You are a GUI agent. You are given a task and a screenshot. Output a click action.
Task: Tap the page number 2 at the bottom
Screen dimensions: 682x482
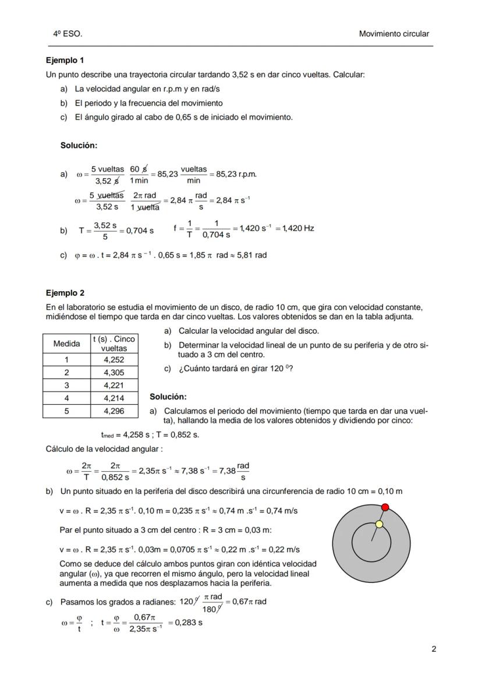(434, 649)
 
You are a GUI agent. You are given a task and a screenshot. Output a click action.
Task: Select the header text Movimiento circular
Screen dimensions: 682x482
(394, 34)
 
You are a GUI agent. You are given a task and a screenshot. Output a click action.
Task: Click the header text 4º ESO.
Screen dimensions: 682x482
(68, 34)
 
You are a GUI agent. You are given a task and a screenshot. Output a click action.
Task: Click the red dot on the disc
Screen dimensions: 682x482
(385, 508)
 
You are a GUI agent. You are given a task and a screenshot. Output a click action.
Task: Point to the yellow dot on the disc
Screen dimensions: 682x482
(379, 524)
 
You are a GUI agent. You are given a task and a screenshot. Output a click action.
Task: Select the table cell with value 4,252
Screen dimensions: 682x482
(114, 360)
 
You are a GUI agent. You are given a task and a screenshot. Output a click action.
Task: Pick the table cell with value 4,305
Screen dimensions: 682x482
(114, 373)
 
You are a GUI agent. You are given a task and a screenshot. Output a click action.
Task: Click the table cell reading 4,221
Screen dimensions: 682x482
(114, 385)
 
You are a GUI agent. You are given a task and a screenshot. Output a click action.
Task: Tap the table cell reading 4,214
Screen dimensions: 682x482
(114, 398)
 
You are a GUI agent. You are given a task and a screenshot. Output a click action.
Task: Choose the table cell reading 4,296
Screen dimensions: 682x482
(114, 411)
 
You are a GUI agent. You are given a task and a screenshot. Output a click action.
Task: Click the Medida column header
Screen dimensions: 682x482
(66, 344)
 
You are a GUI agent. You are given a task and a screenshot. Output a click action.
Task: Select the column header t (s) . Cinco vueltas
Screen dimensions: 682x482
(114, 344)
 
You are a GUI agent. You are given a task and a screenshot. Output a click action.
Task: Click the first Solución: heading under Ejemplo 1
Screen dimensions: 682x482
(79, 145)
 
